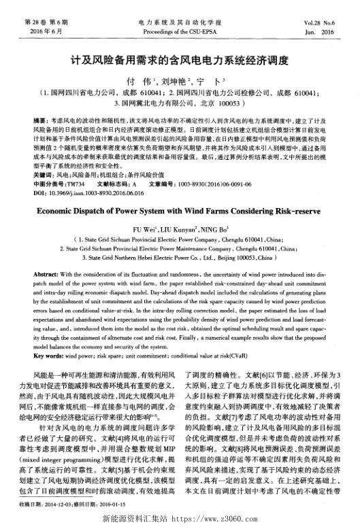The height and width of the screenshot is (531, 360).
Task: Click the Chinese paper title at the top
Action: point(180,59)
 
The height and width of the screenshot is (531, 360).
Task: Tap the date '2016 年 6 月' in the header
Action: point(45,31)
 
